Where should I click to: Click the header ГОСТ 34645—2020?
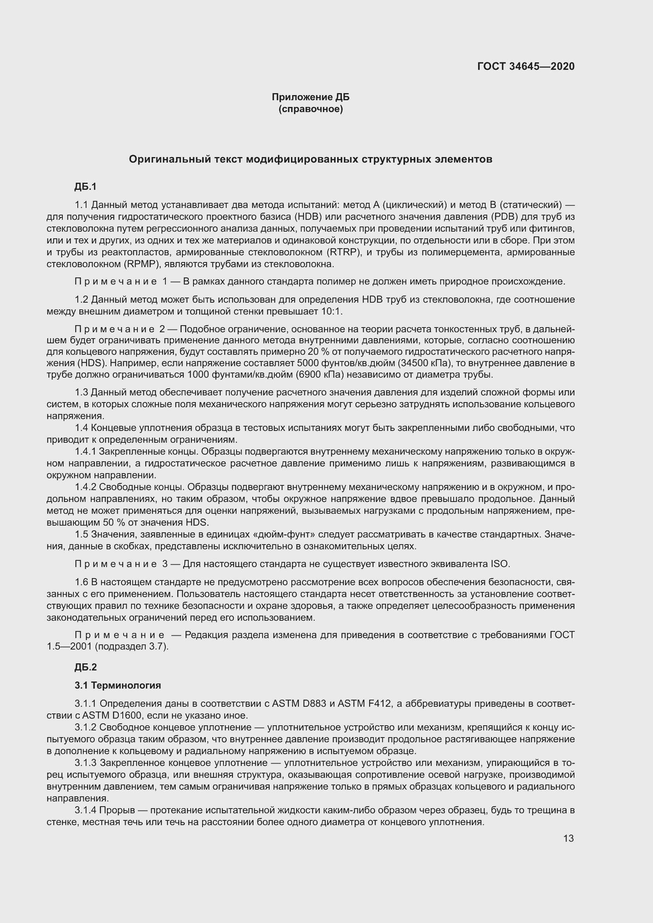pyautogui.click(x=525, y=66)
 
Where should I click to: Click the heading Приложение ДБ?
pyautogui.click(x=310, y=97)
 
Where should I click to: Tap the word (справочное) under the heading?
pyautogui.click(x=310, y=109)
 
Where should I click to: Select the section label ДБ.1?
pyautogui.click(x=85, y=187)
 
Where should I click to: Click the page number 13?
pyautogui.click(x=568, y=838)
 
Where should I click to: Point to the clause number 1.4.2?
pyautogui.click(x=85, y=487)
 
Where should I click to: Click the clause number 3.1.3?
pyautogui.click(x=85, y=763)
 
